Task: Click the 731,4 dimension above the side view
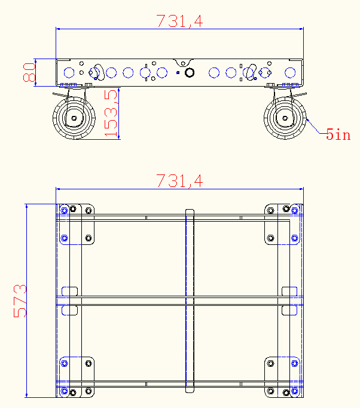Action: (x=179, y=21)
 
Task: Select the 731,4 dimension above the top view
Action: (x=179, y=180)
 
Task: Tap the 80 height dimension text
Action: (x=29, y=72)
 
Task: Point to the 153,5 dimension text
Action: (x=111, y=114)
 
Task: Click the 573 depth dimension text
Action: (x=20, y=300)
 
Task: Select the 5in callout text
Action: (x=338, y=134)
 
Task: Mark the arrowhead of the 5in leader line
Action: (x=307, y=120)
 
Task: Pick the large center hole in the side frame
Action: (x=190, y=73)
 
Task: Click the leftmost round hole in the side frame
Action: (x=69, y=73)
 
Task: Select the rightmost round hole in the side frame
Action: (x=291, y=73)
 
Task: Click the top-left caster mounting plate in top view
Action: (x=77, y=224)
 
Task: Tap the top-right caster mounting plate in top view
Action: (x=282, y=224)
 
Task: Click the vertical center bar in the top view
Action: (x=190, y=301)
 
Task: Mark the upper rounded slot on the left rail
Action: (x=70, y=291)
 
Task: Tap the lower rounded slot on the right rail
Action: (x=289, y=311)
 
